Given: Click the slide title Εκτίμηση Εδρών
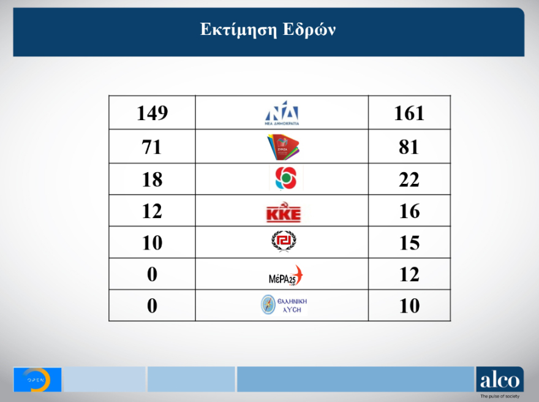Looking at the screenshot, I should pyautogui.click(x=268, y=30).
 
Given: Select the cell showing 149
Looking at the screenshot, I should pyautogui.click(x=152, y=113).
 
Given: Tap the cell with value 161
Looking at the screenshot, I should pyautogui.click(x=409, y=113).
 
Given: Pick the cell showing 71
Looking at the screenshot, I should pyautogui.click(x=152, y=147).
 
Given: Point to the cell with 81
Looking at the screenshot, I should pyautogui.click(x=409, y=147).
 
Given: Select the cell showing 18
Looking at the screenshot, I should pyautogui.click(x=152, y=180).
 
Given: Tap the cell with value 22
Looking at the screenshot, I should pyautogui.click(x=409, y=180).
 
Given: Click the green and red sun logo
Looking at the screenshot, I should pyautogui.click(x=284, y=179).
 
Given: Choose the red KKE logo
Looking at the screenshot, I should pyautogui.click(x=284, y=213).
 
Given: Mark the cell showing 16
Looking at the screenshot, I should pyautogui.click(x=409, y=211).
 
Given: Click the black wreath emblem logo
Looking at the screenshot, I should pyautogui.click(x=284, y=241).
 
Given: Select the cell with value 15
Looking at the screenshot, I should pyautogui.click(x=409, y=243).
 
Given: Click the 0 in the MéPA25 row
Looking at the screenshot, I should pyautogui.click(x=152, y=275).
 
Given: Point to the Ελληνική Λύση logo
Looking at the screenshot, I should pyautogui.click(x=284, y=305).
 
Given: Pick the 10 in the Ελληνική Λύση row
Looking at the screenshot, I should pyautogui.click(x=409, y=306).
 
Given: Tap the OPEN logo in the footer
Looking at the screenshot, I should pyautogui.click(x=37, y=380).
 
